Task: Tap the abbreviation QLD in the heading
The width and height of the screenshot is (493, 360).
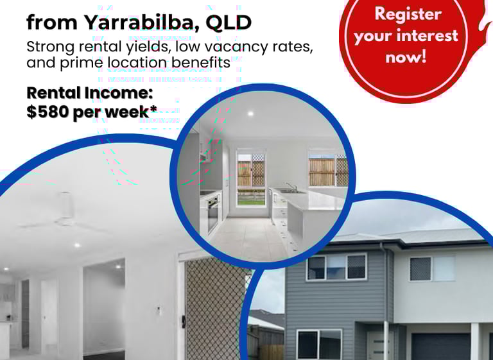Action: click(x=229, y=22)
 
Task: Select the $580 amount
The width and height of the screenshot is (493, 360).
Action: click(x=48, y=111)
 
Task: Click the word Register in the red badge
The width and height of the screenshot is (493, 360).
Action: click(x=408, y=15)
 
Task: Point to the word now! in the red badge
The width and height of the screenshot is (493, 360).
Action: click(x=406, y=57)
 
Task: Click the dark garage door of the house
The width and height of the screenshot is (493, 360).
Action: click(x=441, y=347)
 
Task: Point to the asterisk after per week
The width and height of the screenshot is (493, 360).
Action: click(x=153, y=108)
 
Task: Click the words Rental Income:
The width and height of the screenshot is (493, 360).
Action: click(x=90, y=93)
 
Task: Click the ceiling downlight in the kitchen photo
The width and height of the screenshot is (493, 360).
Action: click(x=250, y=114)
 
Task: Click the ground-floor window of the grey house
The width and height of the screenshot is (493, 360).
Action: click(x=319, y=345)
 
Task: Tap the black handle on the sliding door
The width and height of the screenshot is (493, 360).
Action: click(x=184, y=321)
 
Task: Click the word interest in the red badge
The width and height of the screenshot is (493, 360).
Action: click(x=428, y=35)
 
